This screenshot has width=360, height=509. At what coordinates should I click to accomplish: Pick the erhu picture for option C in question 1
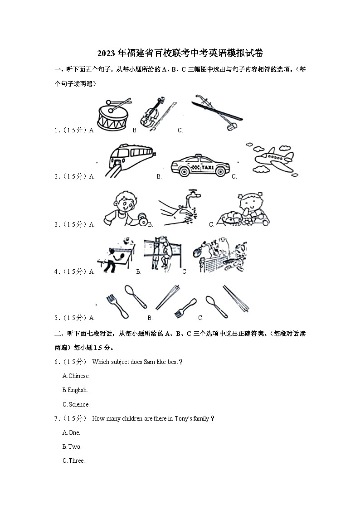[216, 113]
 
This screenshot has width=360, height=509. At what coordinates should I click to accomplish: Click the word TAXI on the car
[207, 167]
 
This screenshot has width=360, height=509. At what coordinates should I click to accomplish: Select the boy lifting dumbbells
[122, 208]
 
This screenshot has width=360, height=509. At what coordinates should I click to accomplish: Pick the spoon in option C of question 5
[216, 306]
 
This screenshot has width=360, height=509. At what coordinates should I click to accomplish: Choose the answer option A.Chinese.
[76, 376]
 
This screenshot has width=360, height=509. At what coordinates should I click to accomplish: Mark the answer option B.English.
[75, 390]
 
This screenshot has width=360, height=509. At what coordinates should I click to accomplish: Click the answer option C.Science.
[76, 404]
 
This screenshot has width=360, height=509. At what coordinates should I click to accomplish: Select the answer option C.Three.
[73, 461]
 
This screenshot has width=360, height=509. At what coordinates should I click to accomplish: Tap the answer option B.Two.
[72, 446]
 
